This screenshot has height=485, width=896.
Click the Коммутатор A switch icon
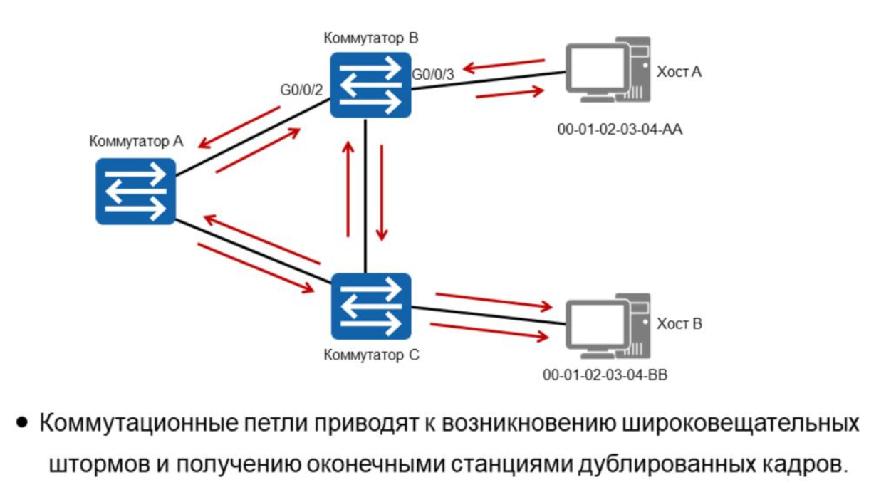coord(136,192)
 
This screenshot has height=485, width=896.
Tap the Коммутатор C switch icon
coord(370,306)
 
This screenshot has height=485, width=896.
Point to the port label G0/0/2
coord(302,90)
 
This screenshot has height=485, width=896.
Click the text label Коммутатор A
coord(136,141)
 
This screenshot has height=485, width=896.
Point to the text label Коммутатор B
coord(370,37)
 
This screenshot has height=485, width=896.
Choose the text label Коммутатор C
coord(370,355)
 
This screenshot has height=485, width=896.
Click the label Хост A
coord(679,71)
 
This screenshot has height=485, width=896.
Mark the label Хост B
coord(679,324)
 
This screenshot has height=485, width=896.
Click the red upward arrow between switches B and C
coord(348,189)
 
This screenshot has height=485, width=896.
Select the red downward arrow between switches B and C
coord(382,192)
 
